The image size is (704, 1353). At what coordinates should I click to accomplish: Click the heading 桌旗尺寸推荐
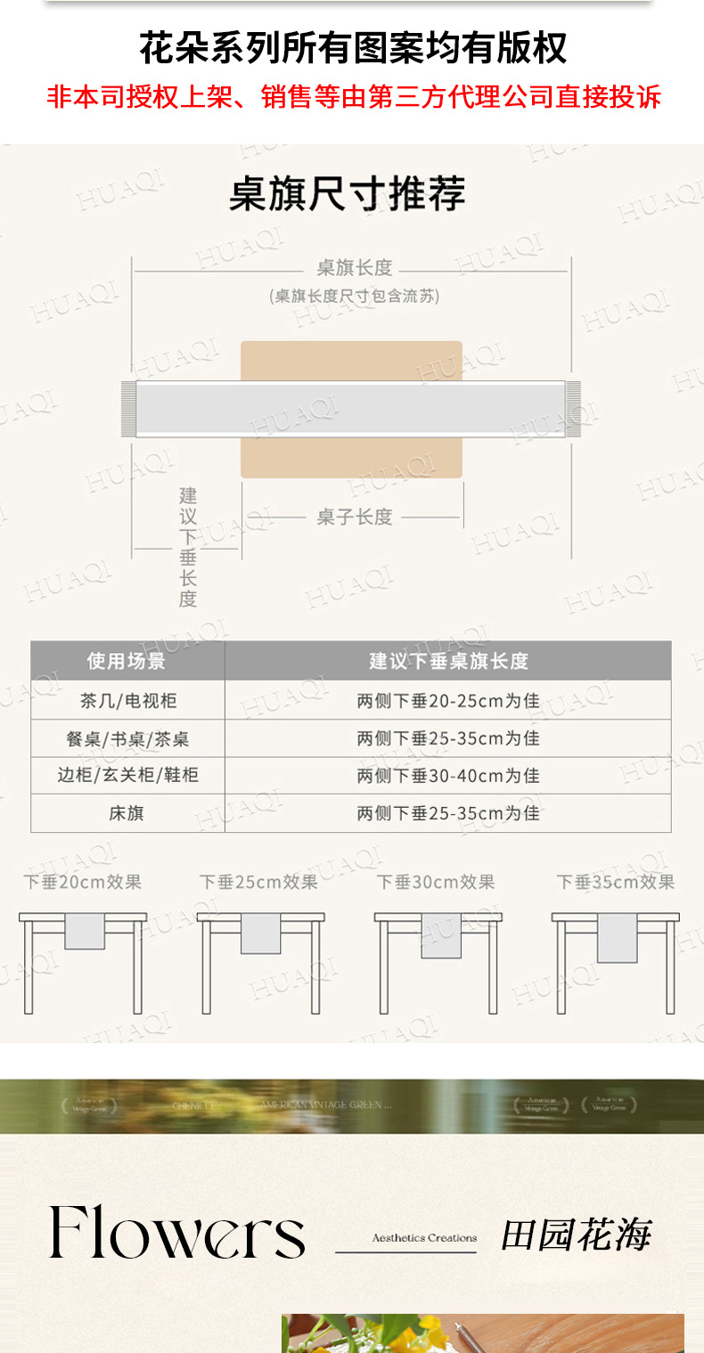(x=348, y=194)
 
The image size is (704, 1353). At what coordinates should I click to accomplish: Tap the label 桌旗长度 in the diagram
(x=355, y=268)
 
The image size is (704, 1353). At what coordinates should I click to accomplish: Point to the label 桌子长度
(x=355, y=517)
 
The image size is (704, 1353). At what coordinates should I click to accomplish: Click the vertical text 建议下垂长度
(x=188, y=547)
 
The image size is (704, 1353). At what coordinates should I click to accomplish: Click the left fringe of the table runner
(x=128, y=409)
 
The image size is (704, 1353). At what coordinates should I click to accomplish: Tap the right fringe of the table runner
(x=573, y=409)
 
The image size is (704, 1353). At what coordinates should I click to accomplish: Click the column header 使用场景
(x=127, y=661)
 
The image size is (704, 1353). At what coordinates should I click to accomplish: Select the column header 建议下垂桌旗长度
(x=448, y=661)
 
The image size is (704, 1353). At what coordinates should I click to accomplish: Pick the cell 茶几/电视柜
(x=128, y=701)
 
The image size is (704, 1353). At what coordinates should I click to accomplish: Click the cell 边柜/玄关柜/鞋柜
(x=128, y=775)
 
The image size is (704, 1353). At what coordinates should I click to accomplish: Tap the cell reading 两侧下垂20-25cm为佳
(x=448, y=701)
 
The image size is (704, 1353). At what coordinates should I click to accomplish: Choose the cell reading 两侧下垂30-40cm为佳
(x=448, y=776)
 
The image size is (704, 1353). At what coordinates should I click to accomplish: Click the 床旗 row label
(x=127, y=813)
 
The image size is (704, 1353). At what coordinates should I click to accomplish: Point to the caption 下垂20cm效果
(x=83, y=882)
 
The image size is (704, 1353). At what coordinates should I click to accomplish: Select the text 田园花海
(x=576, y=1235)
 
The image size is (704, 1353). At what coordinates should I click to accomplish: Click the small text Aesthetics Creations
(x=424, y=1238)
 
